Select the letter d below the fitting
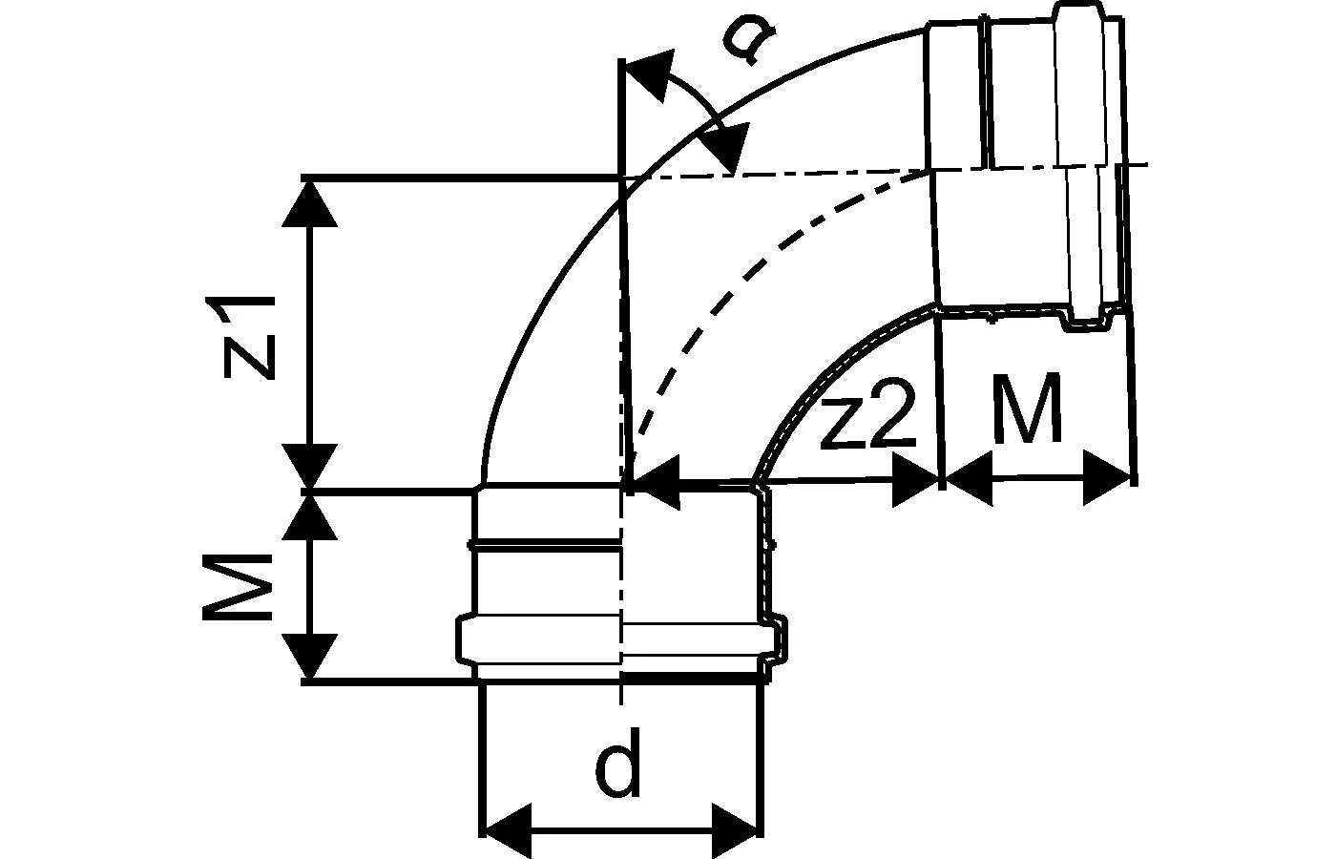point(618,771)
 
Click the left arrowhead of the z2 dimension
point(655,482)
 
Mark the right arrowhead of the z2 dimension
point(916,482)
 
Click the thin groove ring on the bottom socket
point(544,547)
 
